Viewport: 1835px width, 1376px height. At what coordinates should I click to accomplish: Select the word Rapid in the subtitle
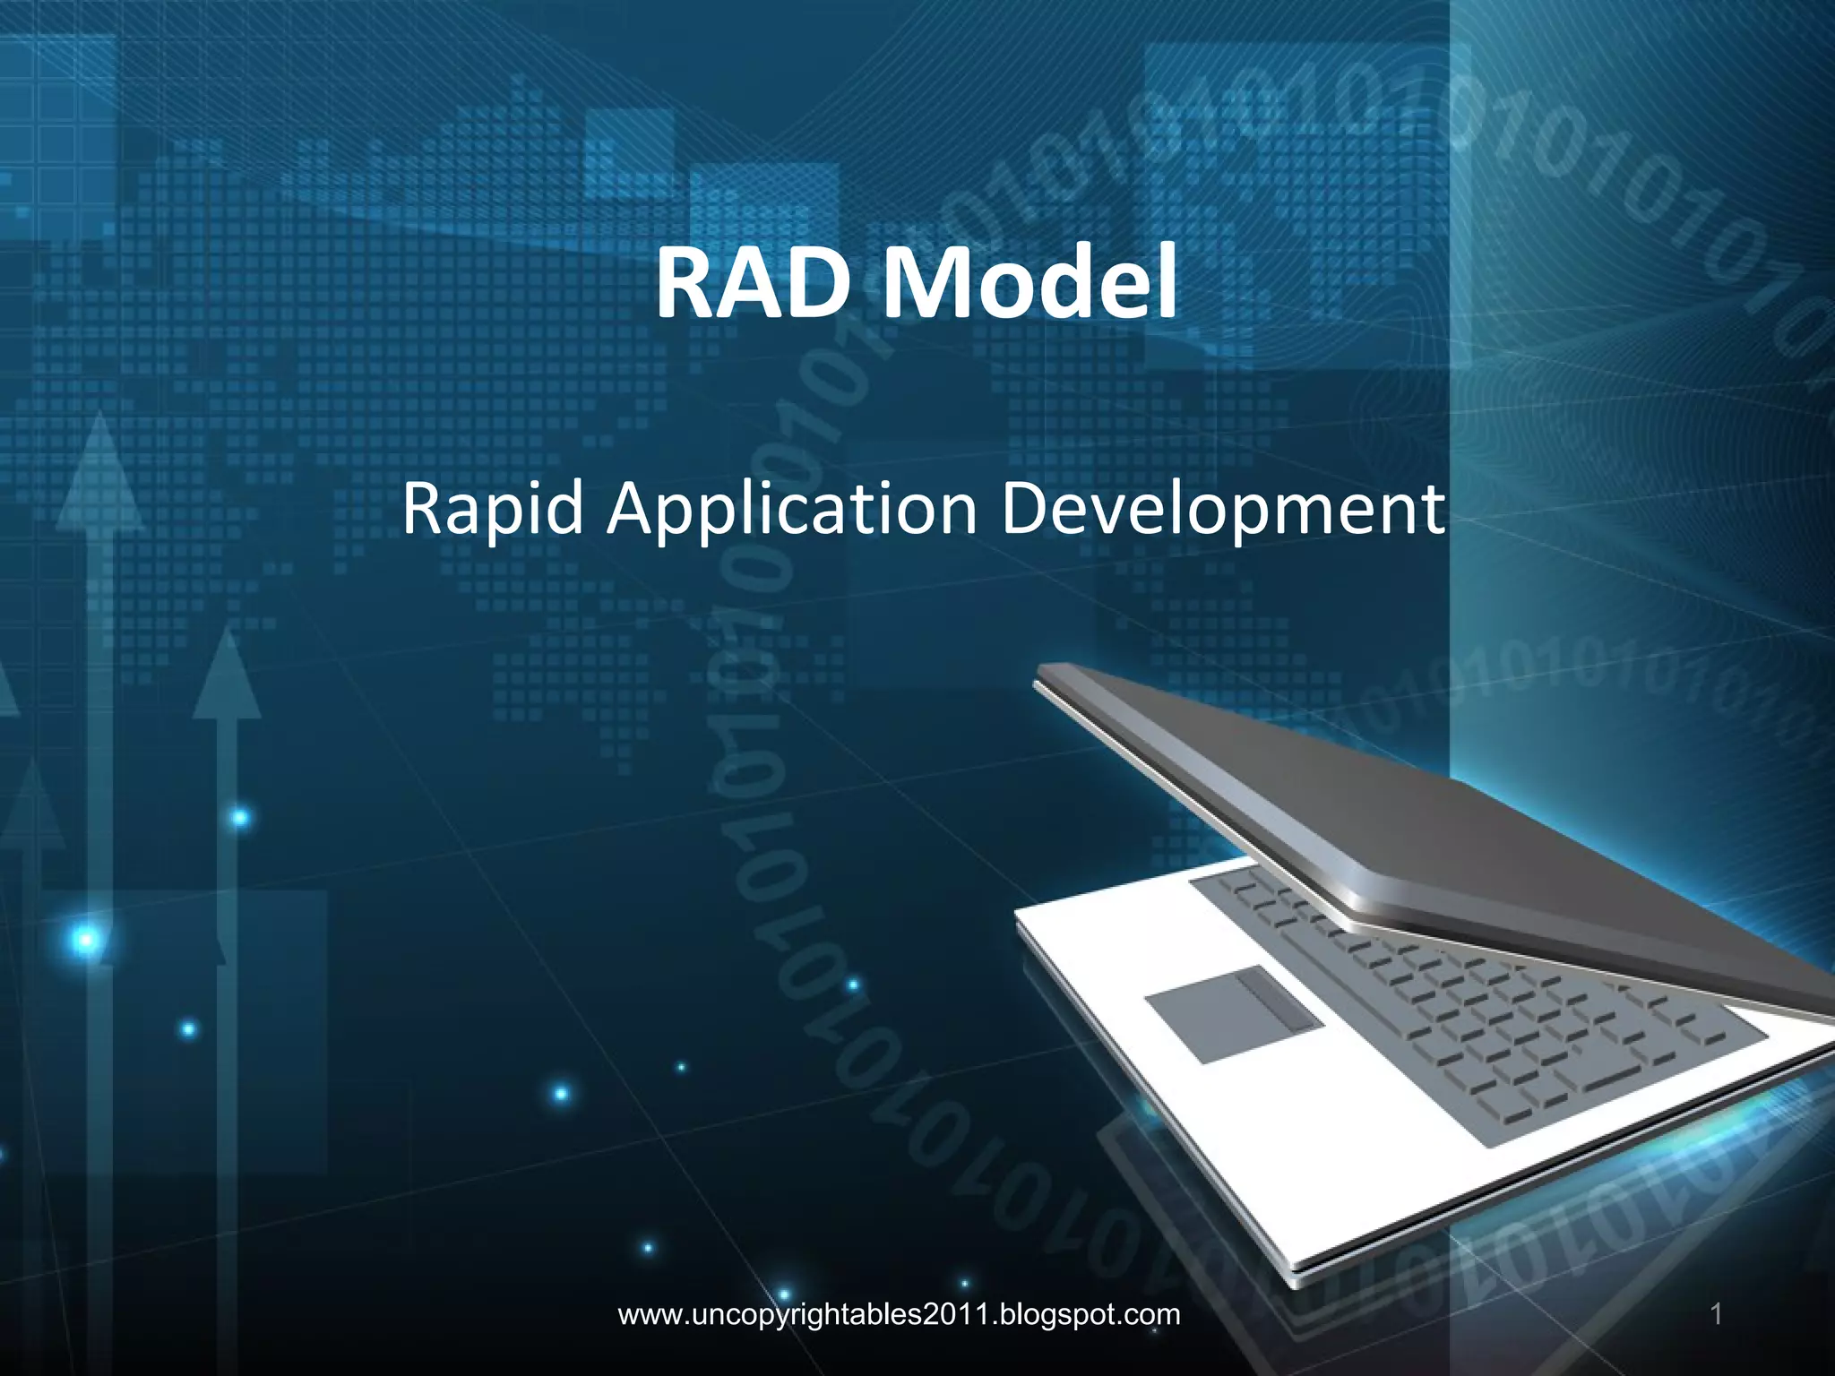tap(492, 509)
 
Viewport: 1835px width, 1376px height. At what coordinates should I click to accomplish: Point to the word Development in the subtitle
tap(1222, 509)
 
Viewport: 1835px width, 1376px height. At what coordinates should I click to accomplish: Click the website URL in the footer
tap(899, 1315)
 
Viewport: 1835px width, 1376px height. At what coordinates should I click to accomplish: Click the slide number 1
tap(1716, 1315)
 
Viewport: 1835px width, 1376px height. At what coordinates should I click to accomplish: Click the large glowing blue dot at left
tap(86, 940)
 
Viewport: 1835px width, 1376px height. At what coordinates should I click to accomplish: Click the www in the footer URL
tap(650, 1316)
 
